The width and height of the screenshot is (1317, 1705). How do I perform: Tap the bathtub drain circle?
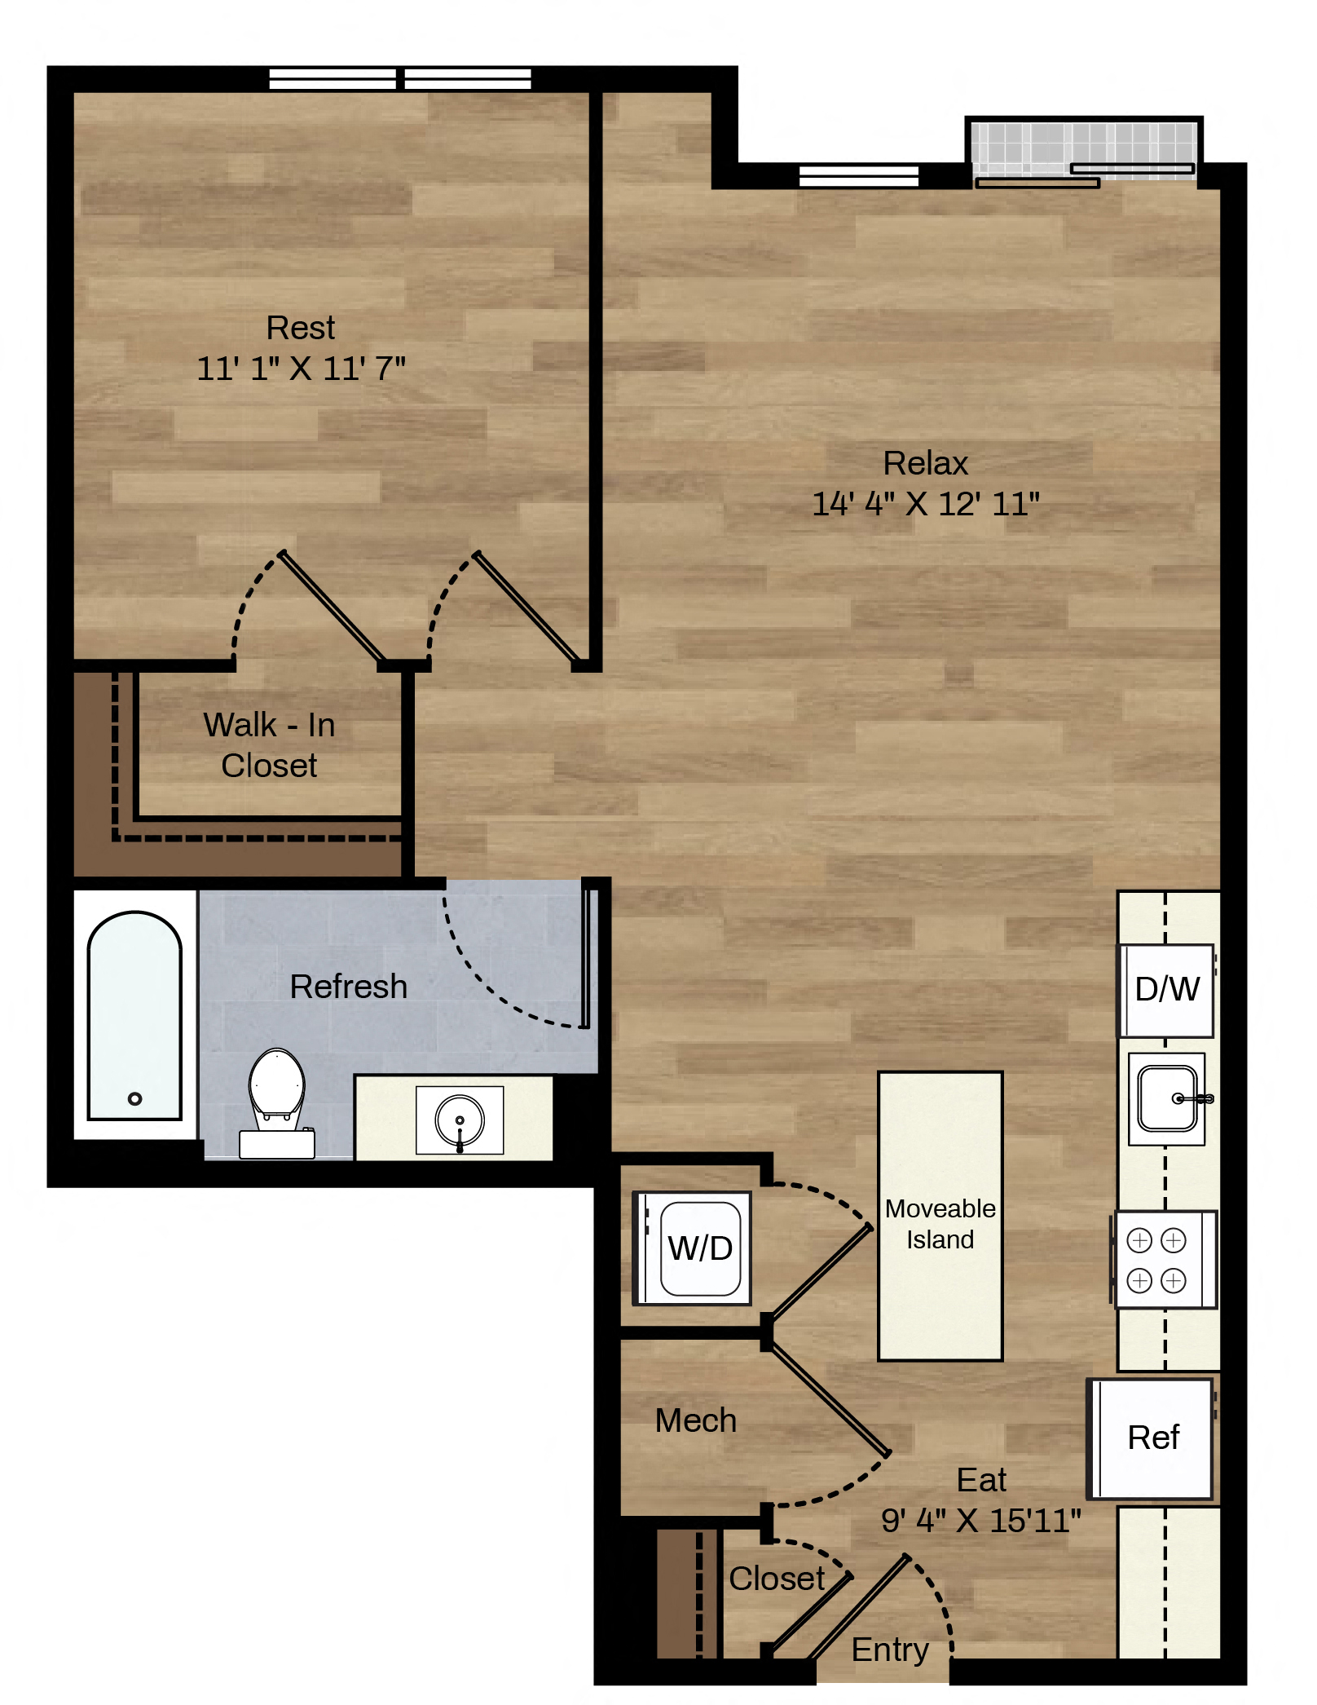(x=135, y=1098)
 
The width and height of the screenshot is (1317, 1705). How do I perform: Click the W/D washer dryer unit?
(x=693, y=1248)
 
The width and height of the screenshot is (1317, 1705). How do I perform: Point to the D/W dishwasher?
(x=1166, y=990)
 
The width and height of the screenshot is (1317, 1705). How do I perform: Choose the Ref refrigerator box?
(x=1151, y=1438)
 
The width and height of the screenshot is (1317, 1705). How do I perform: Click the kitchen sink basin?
(x=1168, y=1098)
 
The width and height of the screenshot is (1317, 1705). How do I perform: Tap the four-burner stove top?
(x=1165, y=1260)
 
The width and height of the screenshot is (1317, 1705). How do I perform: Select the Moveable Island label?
(x=940, y=1223)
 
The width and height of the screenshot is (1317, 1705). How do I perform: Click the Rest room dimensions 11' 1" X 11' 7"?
(x=301, y=369)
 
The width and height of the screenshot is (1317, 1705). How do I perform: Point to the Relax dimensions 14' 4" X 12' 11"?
(x=925, y=504)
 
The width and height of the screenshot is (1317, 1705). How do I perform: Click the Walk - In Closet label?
(x=269, y=744)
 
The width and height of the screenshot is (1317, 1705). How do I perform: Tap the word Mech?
(x=696, y=1420)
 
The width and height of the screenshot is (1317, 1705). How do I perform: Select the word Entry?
(x=890, y=1650)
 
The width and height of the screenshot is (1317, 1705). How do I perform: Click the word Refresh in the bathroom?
(x=349, y=987)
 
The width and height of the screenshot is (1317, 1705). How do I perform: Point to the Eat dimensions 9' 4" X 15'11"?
(x=981, y=1521)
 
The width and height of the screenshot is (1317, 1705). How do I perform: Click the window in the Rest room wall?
(x=400, y=79)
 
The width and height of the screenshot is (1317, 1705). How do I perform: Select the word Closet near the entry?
(x=777, y=1579)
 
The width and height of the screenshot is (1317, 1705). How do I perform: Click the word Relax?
(x=926, y=463)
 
